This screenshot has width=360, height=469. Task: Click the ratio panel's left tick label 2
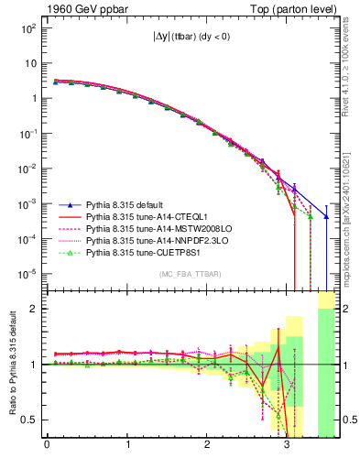tap(35, 309)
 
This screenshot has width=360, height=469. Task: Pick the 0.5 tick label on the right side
tap(346, 420)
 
